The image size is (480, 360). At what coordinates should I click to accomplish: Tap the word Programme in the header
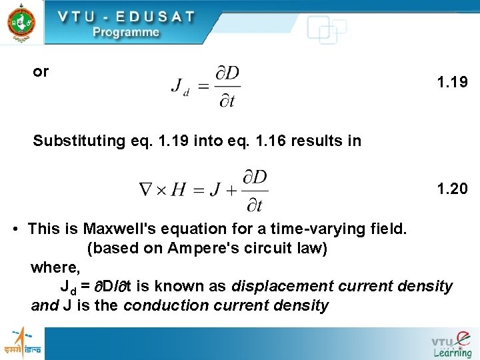click(126, 32)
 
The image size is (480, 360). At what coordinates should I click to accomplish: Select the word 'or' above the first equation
click(41, 71)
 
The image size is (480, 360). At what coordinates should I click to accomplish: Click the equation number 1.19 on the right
click(453, 83)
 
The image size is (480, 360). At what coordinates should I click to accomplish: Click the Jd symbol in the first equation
click(180, 87)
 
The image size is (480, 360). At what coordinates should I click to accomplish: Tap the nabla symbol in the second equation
click(145, 191)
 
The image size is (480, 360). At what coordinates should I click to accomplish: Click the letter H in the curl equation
click(178, 191)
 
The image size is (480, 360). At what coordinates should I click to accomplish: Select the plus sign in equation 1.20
click(230, 191)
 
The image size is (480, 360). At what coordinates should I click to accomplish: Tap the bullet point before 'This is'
click(15, 229)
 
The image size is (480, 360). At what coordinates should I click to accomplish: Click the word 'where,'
click(55, 267)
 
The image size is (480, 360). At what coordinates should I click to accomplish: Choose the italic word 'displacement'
click(283, 287)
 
